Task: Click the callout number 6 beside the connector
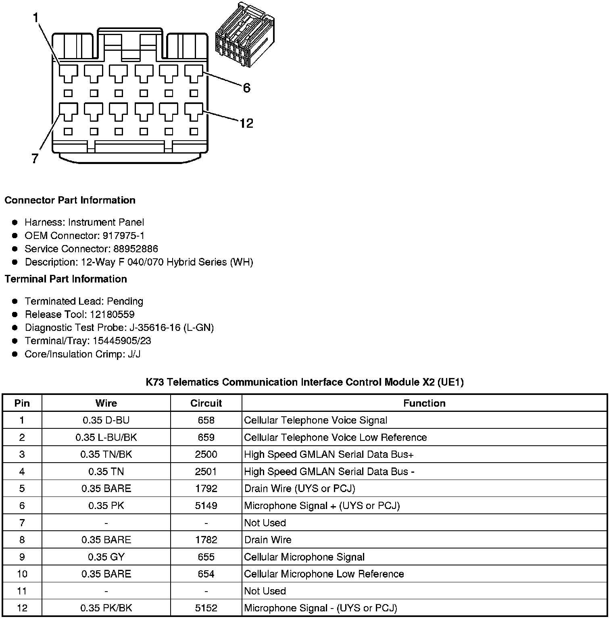click(x=246, y=88)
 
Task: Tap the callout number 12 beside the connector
click(x=246, y=123)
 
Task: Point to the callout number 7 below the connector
click(x=35, y=159)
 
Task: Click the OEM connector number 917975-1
click(x=118, y=235)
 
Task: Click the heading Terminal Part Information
click(x=66, y=279)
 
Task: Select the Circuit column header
click(x=206, y=403)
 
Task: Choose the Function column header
click(x=424, y=403)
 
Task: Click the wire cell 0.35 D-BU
click(x=106, y=420)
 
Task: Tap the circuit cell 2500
click(x=206, y=455)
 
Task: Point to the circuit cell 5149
click(x=206, y=506)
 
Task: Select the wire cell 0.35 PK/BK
click(x=106, y=608)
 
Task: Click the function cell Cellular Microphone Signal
click(x=304, y=557)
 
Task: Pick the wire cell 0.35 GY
click(x=106, y=557)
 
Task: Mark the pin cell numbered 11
click(x=22, y=591)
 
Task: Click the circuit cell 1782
click(x=206, y=540)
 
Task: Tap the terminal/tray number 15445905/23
click(x=122, y=341)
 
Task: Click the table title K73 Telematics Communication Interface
click(x=304, y=382)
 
